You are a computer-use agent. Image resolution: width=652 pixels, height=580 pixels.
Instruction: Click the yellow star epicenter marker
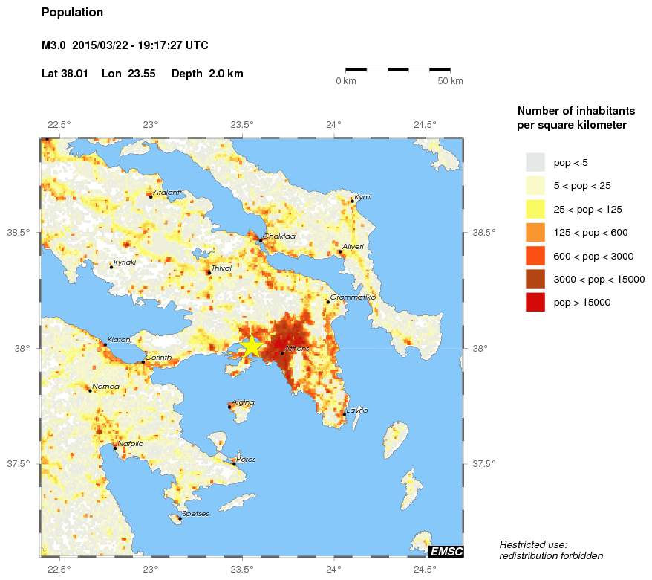(252, 347)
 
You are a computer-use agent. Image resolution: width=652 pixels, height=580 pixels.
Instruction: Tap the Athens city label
(297, 348)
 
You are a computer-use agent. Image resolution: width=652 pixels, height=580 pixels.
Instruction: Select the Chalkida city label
(279, 236)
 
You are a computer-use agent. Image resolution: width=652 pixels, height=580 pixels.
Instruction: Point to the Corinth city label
(158, 358)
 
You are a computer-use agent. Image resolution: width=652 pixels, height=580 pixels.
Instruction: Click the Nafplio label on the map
(130, 443)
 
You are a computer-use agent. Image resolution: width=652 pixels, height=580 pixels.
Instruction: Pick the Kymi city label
(362, 196)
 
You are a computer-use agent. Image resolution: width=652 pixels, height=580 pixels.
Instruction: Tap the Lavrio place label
(356, 410)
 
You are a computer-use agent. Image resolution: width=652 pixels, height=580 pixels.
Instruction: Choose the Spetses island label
(195, 514)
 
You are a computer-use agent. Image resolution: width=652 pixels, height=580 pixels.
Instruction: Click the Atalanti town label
(167, 192)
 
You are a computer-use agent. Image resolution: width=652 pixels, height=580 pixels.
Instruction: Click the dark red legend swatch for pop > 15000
(535, 302)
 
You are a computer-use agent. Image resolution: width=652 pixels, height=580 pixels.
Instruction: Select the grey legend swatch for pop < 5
(535, 161)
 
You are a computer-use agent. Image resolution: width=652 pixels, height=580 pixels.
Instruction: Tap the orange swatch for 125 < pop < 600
(535, 232)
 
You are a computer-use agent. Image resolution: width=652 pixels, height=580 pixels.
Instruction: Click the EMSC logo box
(446, 551)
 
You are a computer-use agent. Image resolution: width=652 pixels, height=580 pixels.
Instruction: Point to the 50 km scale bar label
(450, 80)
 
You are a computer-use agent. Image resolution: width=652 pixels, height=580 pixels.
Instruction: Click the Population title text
(72, 13)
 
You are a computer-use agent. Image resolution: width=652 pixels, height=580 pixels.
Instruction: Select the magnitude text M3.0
(55, 45)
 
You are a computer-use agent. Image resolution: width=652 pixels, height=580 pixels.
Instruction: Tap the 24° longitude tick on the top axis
(333, 124)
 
